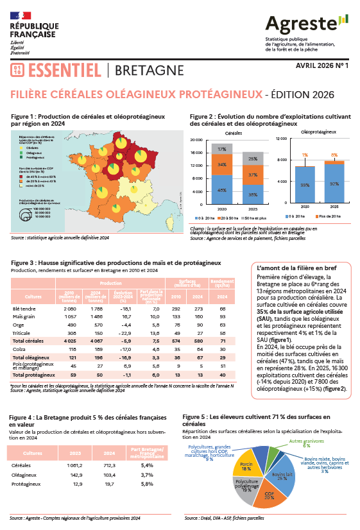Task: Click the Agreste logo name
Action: pos(302,25)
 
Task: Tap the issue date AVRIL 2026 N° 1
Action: pos(321,65)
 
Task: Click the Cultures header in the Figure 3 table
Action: pos(33,298)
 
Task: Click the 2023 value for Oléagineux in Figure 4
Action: pos(76,474)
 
